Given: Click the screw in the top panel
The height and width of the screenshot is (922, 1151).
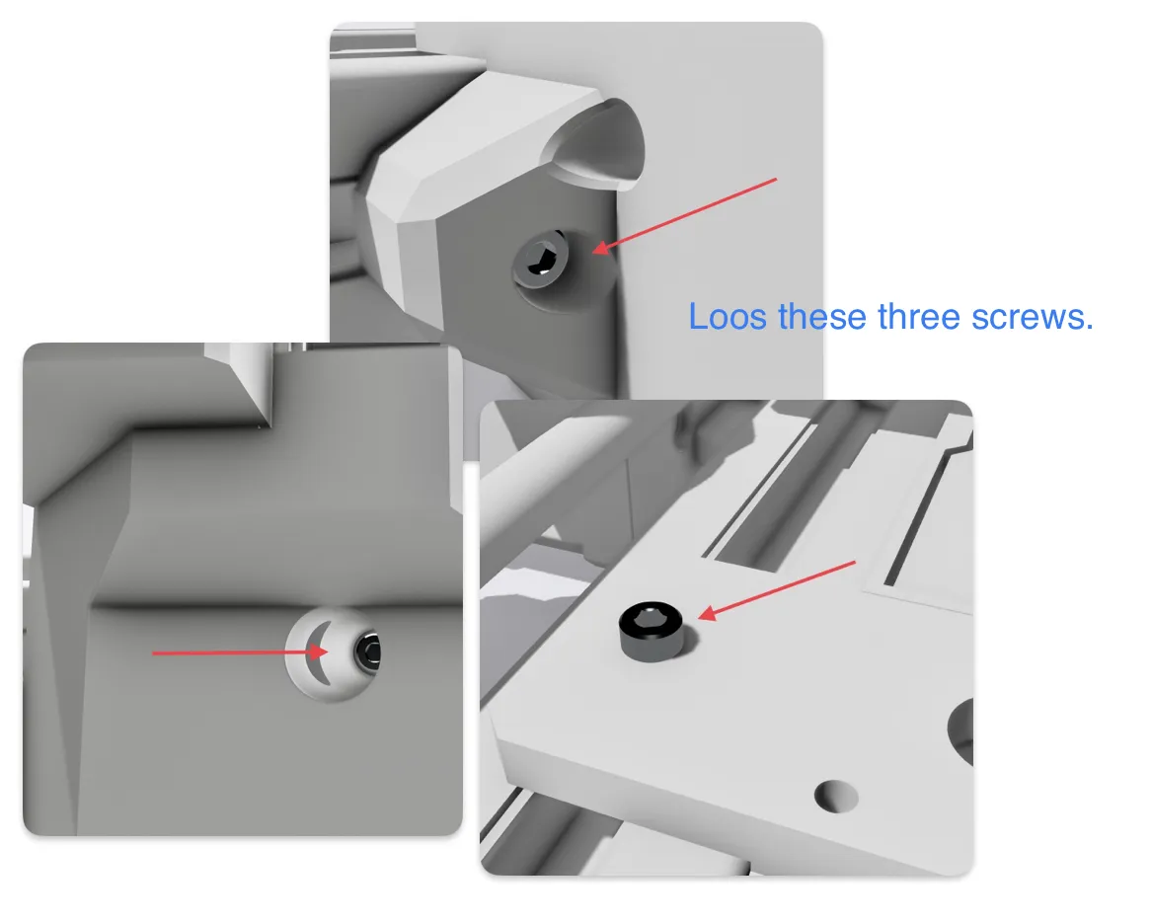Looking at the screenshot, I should [539, 263].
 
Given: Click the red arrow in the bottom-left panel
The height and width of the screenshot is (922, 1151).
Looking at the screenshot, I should [237, 653].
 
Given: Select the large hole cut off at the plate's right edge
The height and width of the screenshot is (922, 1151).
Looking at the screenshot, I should [961, 730].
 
